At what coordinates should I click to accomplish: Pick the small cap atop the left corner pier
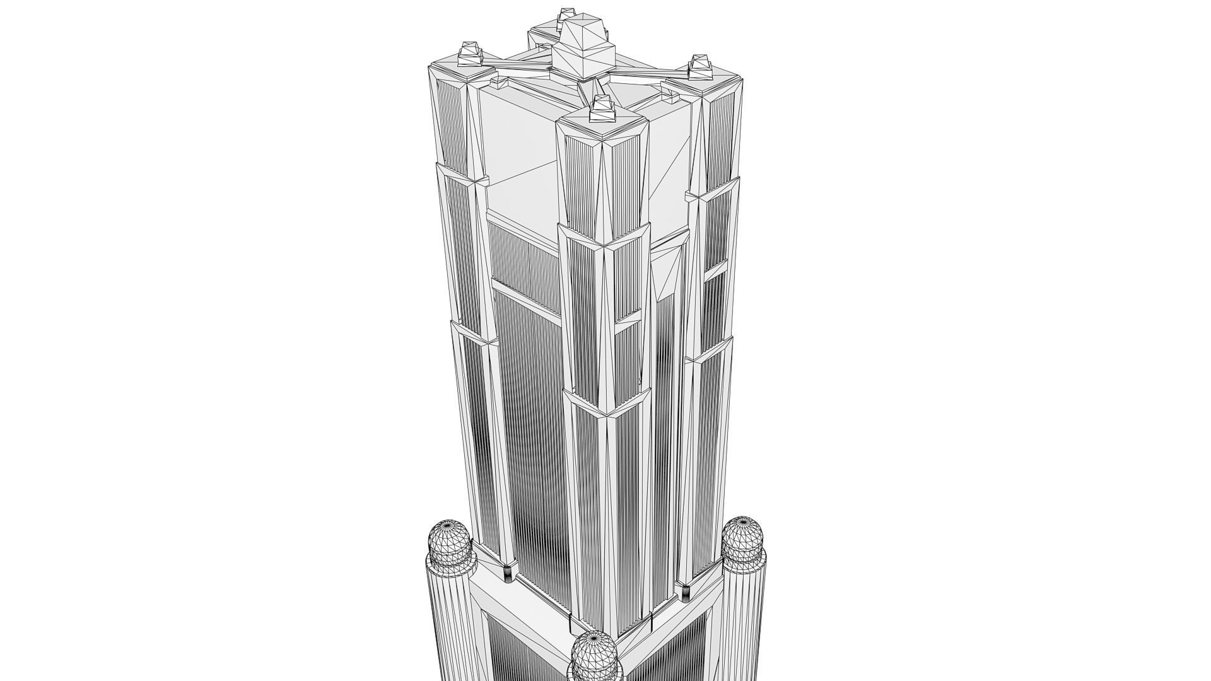tap(469, 53)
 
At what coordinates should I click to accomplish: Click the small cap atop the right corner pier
tap(701, 67)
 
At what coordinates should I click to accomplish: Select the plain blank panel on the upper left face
tap(514, 145)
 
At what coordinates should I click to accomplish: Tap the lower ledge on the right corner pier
tap(710, 351)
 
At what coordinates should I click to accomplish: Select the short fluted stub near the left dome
tap(506, 573)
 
